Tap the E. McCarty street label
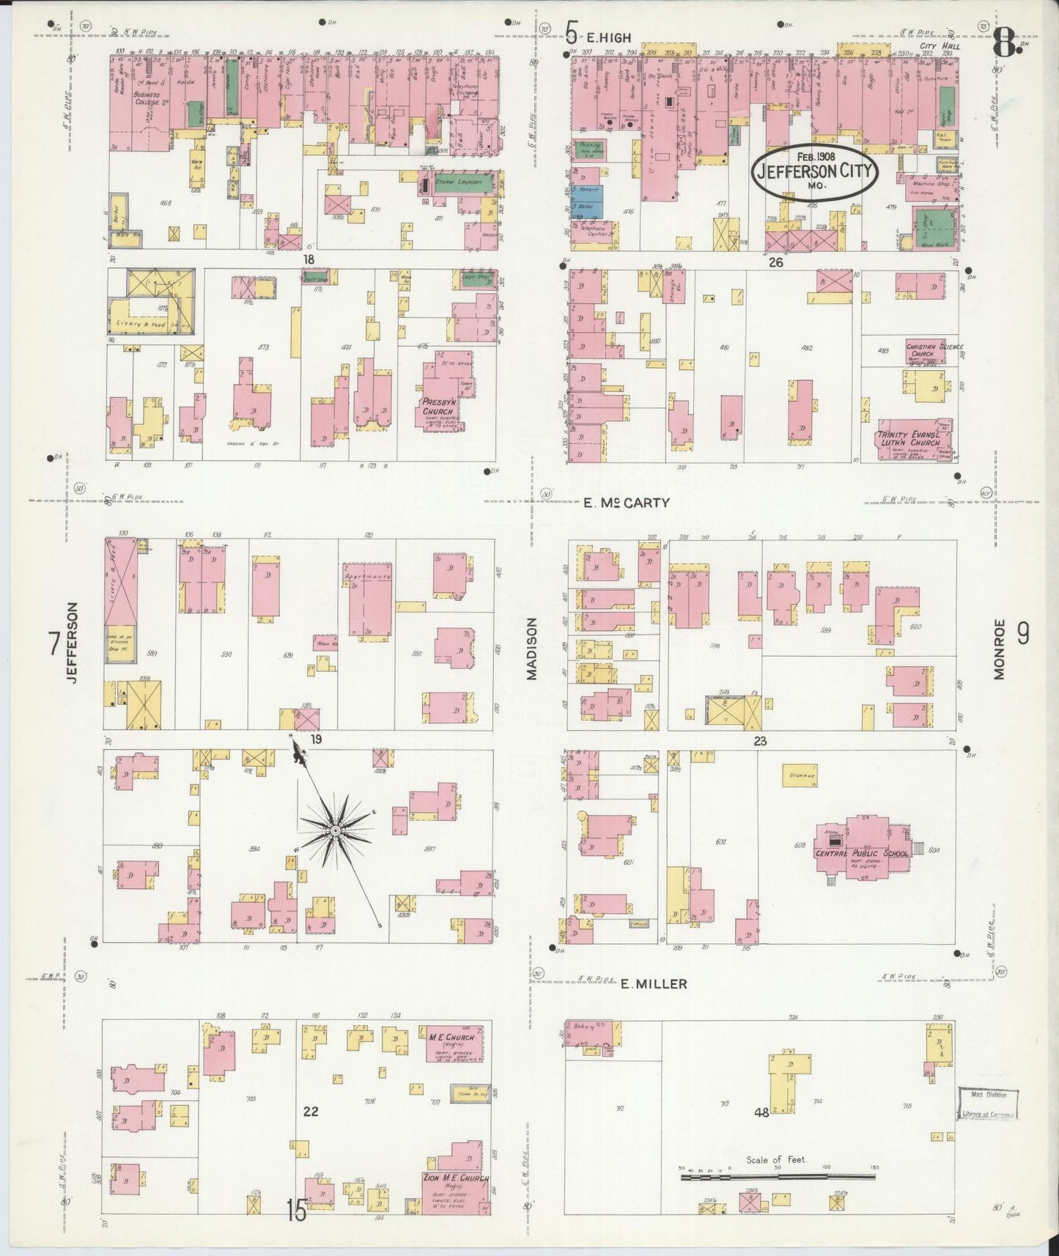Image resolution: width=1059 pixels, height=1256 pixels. coord(616,503)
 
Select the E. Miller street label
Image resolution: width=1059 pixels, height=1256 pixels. coord(654,983)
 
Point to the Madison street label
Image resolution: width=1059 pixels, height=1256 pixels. coord(532,649)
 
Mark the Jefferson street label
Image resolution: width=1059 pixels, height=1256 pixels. coord(72,643)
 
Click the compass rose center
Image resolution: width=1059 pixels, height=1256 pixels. coord(335,830)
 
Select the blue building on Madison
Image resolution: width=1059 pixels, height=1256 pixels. coord(587,199)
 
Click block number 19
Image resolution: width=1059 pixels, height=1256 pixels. coord(315,739)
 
